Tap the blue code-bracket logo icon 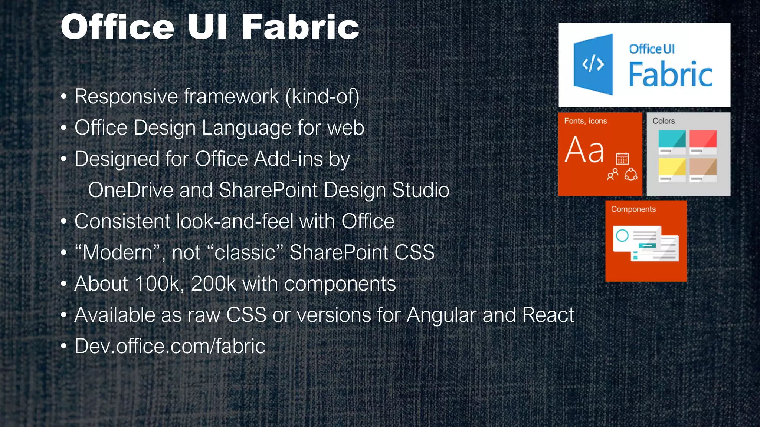click(x=593, y=64)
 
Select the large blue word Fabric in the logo click(x=671, y=75)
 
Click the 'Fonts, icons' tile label click(x=585, y=121)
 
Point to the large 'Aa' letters click(x=584, y=150)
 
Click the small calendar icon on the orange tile click(x=622, y=159)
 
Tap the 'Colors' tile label click(x=664, y=121)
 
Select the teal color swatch click(x=672, y=140)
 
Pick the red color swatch click(x=703, y=140)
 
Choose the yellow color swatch click(x=672, y=168)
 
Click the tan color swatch click(x=703, y=168)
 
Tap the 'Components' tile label click(x=633, y=209)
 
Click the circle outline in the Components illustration click(x=622, y=235)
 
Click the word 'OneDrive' click(x=131, y=190)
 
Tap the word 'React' click(x=548, y=315)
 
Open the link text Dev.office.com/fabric click(x=170, y=347)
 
